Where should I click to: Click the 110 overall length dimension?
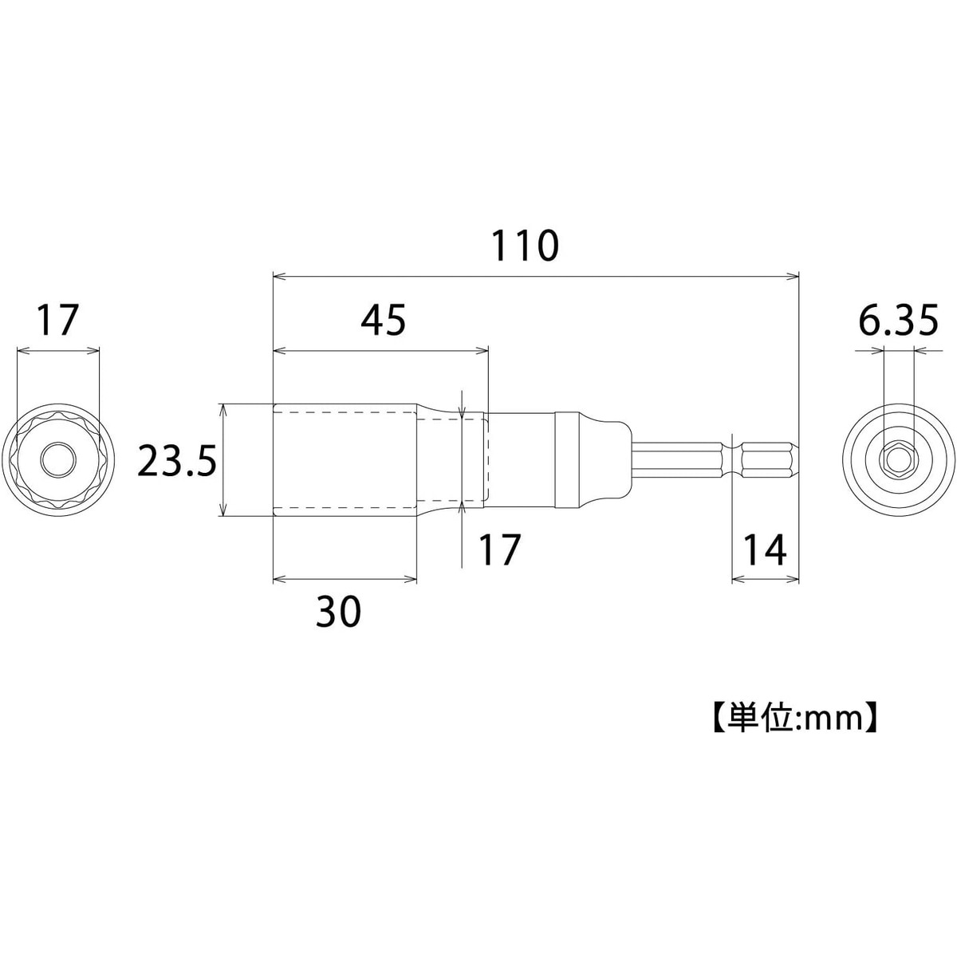point(525,246)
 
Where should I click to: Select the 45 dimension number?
point(383,320)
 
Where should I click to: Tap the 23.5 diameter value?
point(176,460)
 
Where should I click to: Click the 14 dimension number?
point(765,549)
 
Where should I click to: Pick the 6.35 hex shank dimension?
point(899,320)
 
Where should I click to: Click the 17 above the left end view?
point(58,320)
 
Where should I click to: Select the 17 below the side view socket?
point(499,549)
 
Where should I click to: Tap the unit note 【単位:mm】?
point(794,718)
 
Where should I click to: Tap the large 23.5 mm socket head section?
point(345,460)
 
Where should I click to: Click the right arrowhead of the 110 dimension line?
point(793,277)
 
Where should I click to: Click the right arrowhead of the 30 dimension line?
point(410,578)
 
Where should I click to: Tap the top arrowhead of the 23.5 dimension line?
point(223,410)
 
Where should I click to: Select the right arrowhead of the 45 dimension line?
point(482,351)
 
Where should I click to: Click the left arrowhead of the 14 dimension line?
point(739,578)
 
